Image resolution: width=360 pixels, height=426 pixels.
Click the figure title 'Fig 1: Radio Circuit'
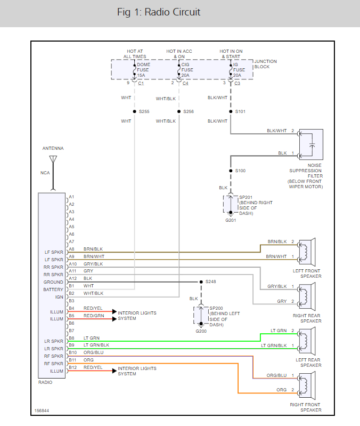[x=159, y=12]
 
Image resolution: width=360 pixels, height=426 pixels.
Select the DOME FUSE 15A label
[x=144, y=70]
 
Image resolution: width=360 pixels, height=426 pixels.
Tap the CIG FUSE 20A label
[x=187, y=70]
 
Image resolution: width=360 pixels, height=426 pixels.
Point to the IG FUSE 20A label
[x=239, y=70]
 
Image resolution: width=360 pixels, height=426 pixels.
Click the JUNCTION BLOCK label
[x=265, y=64]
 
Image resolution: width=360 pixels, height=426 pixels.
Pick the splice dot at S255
[x=134, y=111]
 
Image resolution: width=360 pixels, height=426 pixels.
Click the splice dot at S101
[x=230, y=111]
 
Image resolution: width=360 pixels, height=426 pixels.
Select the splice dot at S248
[x=200, y=282]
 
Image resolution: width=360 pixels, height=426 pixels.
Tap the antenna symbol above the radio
[x=53, y=159]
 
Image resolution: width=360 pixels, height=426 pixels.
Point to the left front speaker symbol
[x=307, y=249]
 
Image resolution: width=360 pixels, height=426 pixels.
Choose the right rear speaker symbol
[x=307, y=294]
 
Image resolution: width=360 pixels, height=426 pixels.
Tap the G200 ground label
[x=201, y=331]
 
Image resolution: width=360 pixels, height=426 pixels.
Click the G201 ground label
[x=230, y=220]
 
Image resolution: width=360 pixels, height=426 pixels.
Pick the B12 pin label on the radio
[x=71, y=367]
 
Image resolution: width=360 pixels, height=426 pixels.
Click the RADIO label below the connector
[x=46, y=382]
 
